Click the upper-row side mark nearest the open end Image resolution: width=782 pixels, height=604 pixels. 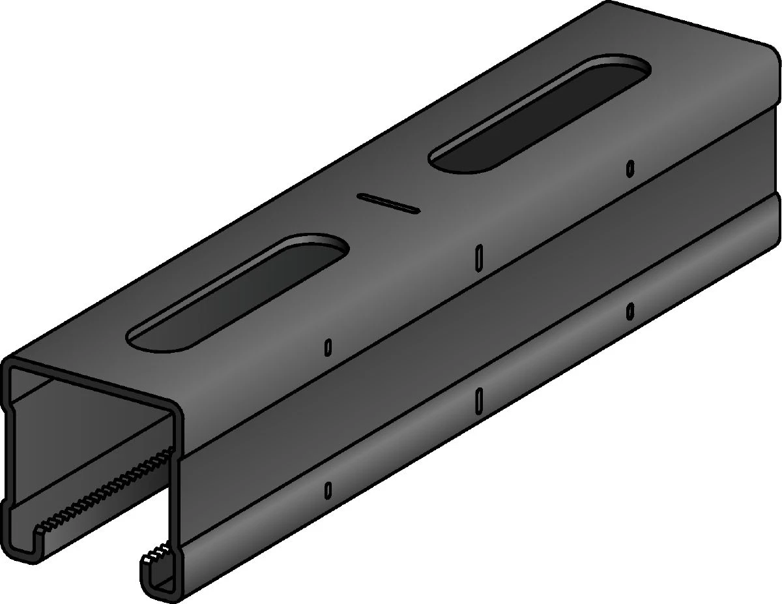328,348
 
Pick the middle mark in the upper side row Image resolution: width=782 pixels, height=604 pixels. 479,255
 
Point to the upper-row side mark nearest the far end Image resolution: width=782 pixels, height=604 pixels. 630,168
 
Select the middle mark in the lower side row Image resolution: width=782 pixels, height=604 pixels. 479,398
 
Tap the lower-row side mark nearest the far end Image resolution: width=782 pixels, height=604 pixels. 630,312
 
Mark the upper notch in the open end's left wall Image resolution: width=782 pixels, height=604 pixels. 8,410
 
